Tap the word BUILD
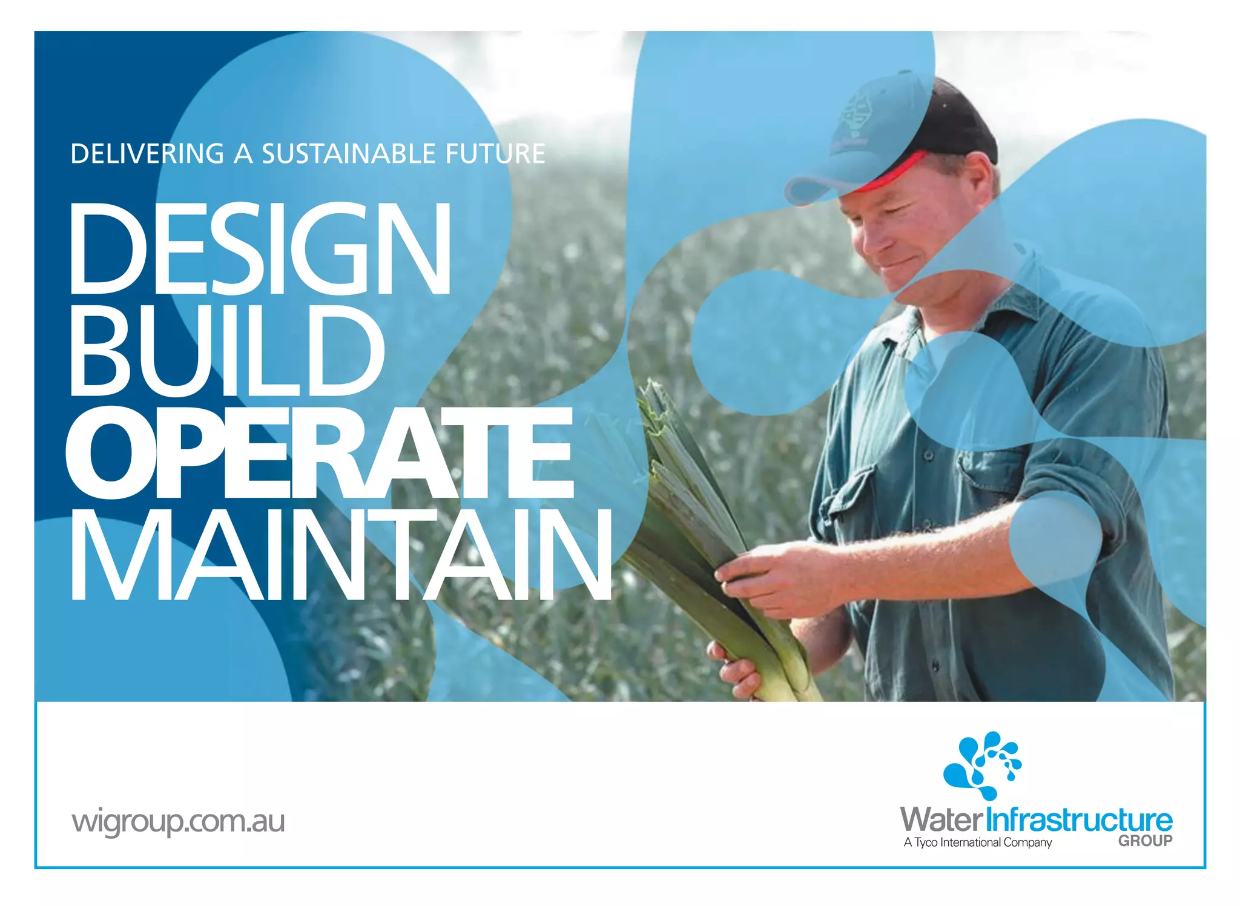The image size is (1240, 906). point(227,351)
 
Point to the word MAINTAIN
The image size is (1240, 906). point(341,555)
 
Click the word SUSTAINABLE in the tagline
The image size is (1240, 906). point(348,154)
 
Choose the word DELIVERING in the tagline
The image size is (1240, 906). point(147,154)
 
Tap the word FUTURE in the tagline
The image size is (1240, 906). point(495,154)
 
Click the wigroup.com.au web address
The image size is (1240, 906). point(178,822)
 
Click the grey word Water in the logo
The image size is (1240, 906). point(941,819)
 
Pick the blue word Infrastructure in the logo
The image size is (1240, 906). point(1079,819)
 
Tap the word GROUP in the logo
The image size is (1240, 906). point(1145,841)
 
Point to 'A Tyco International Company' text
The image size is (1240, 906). point(977,842)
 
